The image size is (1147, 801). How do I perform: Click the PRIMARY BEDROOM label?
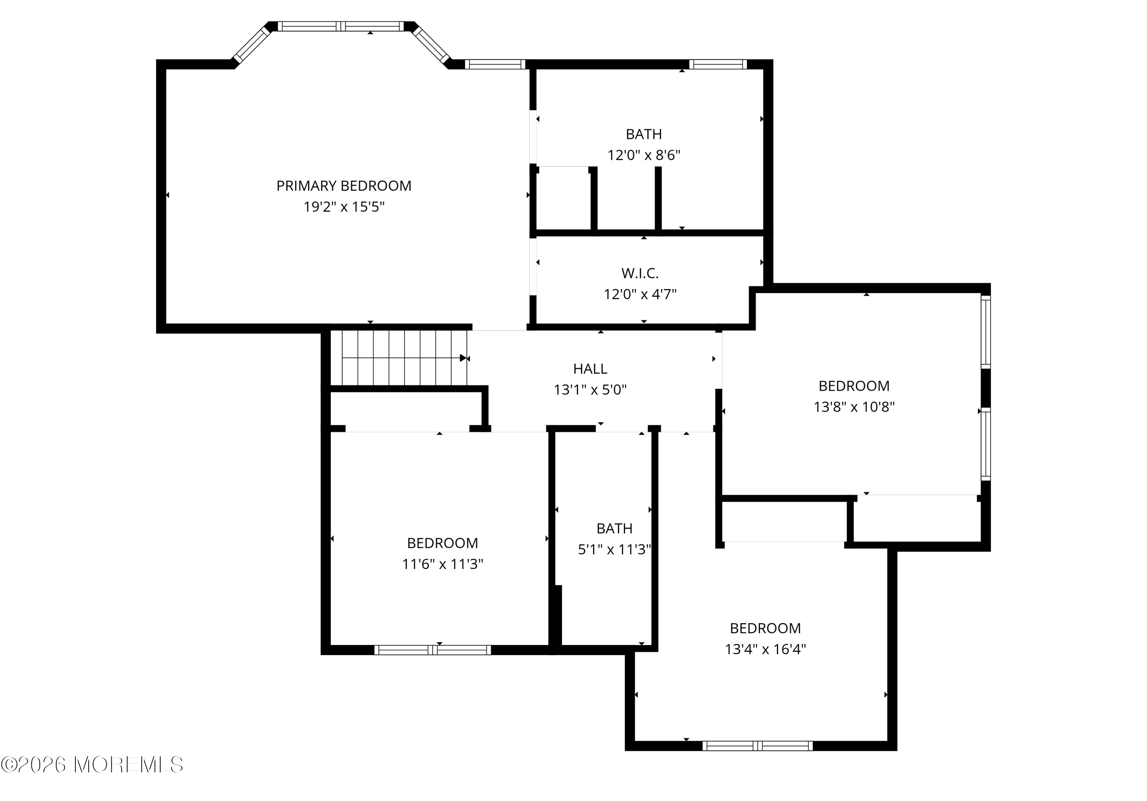tap(344, 186)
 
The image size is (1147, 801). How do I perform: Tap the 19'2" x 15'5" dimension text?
tap(344, 207)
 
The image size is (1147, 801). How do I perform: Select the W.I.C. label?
tap(640, 273)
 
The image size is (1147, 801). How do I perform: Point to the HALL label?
tap(590, 369)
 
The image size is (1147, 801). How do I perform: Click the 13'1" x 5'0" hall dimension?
tap(590, 390)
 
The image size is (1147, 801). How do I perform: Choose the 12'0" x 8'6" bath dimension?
tap(644, 155)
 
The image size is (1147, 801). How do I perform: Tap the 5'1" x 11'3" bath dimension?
tap(614, 550)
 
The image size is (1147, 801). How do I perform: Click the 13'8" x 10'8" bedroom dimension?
tap(854, 407)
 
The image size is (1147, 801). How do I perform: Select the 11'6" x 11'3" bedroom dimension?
tap(443, 564)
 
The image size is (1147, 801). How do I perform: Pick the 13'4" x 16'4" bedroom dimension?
tap(765, 649)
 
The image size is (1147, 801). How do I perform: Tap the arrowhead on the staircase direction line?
tap(463, 358)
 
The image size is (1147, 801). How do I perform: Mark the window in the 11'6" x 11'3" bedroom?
tap(433, 650)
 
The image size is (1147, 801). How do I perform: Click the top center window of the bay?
tap(341, 26)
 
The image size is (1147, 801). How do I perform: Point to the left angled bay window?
tap(252, 44)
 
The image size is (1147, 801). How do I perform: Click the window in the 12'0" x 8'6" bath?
tap(718, 64)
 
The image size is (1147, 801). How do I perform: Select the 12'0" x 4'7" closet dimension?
tap(640, 294)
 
